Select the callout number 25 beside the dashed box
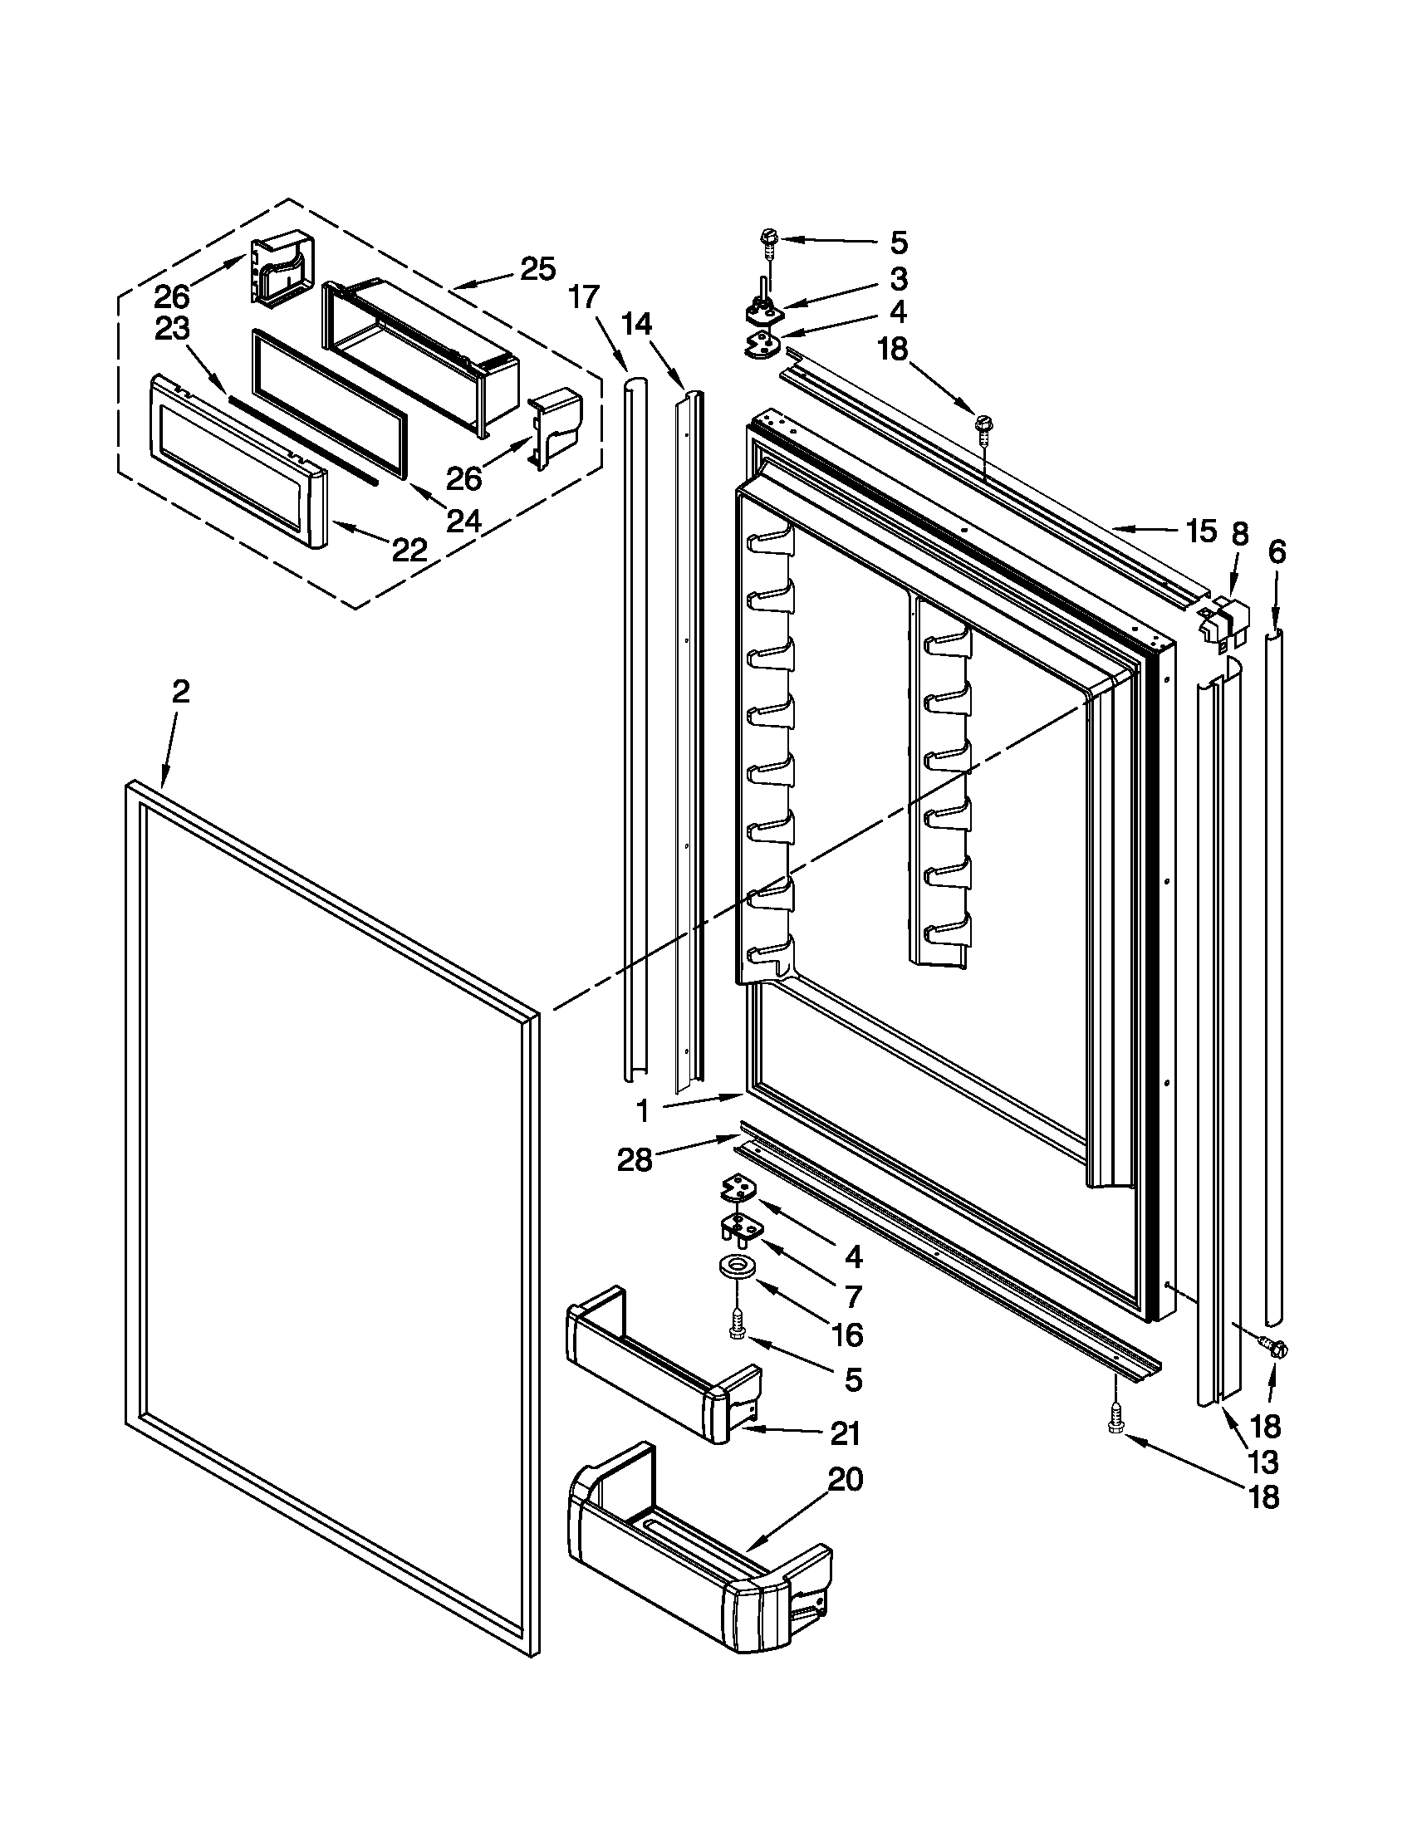[x=538, y=269]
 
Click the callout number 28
[x=635, y=1160]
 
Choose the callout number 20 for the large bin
[x=846, y=1480]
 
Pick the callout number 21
[x=846, y=1434]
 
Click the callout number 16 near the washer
[x=847, y=1335]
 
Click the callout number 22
[x=409, y=549]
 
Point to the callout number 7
[x=853, y=1296]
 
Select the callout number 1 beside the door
[x=642, y=1112]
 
